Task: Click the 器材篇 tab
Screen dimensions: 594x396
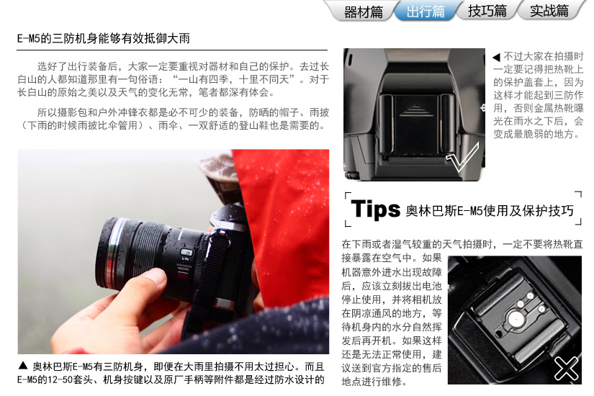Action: (363, 12)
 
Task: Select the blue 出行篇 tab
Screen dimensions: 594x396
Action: (426, 12)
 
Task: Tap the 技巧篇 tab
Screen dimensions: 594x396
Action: (487, 12)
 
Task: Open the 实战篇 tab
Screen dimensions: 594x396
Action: (549, 12)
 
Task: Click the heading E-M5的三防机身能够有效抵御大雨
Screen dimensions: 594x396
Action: (104, 39)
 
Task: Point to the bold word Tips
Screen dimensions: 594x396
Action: (375, 209)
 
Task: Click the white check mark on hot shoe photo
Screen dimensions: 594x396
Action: (463, 157)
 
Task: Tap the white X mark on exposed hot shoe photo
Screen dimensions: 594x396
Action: (567, 368)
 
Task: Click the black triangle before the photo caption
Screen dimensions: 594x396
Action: (23, 365)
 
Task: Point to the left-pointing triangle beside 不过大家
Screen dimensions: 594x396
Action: (497, 57)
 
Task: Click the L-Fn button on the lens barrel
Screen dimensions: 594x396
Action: (186, 253)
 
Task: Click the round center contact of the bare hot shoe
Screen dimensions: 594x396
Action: (515, 319)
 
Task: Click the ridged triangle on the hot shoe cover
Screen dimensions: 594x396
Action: (416, 111)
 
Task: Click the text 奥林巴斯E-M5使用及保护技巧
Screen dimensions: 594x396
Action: (490, 210)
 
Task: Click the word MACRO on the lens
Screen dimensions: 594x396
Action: (183, 269)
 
